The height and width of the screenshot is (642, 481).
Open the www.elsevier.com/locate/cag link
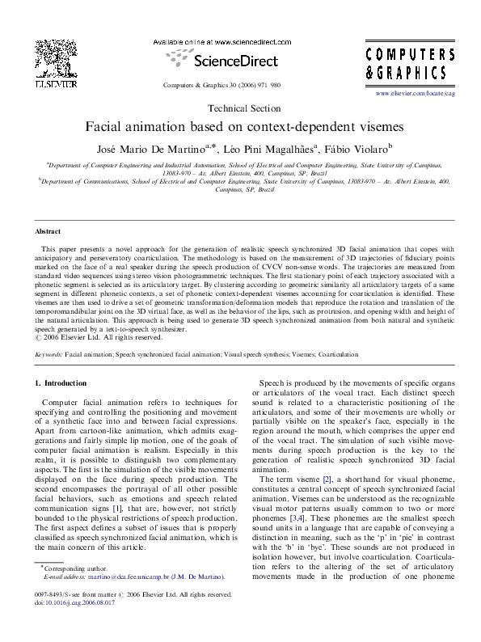click(427, 95)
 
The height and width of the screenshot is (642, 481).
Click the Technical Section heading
click(239, 108)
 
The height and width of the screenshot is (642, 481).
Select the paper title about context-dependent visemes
click(239, 127)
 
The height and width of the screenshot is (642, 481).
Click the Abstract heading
click(47, 230)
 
